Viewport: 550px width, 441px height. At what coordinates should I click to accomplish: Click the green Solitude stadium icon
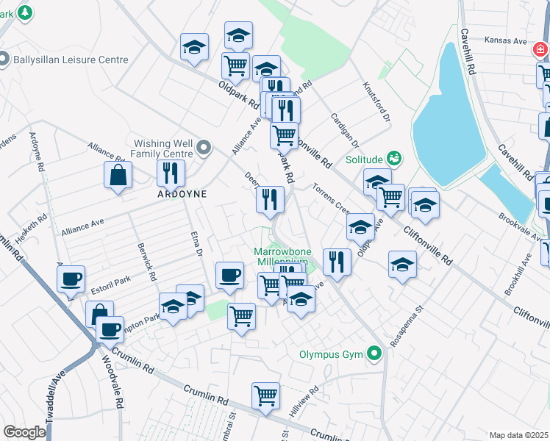click(x=395, y=158)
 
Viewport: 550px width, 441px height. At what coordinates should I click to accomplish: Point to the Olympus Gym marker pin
click(x=375, y=354)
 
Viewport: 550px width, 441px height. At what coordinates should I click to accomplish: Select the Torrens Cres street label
click(x=332, y=198)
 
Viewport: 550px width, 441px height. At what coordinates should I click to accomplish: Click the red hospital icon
click(x=540, y=50)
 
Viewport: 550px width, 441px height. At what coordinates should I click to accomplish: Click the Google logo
click(x=24, y=432)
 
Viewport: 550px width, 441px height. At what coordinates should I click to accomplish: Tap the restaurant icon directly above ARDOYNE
click(x=171, y=173)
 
